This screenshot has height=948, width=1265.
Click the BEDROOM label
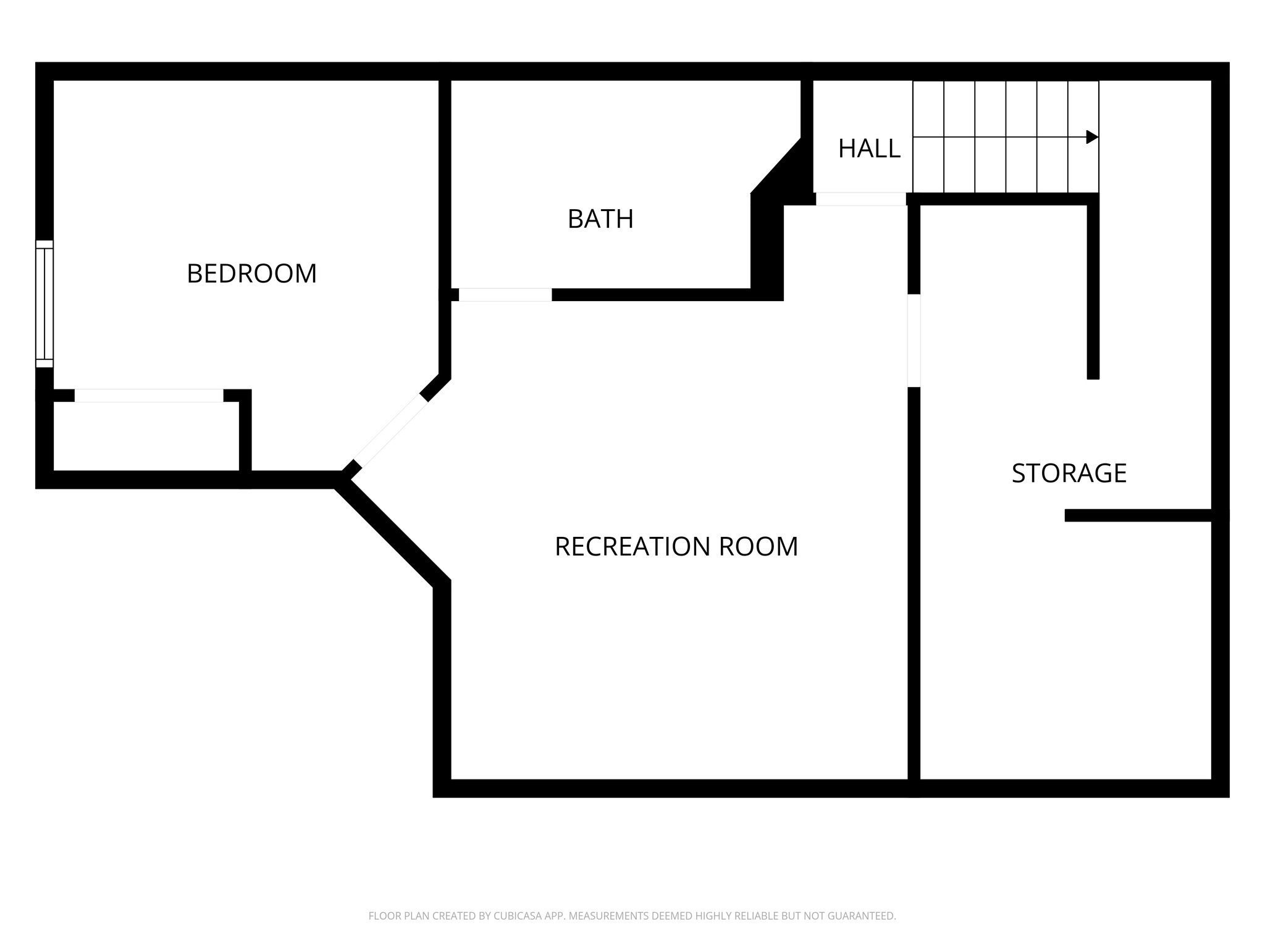point(251,273)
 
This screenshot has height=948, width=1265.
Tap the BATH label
point(600,219)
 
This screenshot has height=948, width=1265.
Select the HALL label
point(868,149)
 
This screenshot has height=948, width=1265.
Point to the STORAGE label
point(1069,473)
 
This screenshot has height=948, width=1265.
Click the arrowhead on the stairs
point(1092,137)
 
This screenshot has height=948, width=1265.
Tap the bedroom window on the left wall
point(44,304)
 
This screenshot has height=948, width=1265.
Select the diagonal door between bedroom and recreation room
point(391,431)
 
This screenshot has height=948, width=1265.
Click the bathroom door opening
point(505,295)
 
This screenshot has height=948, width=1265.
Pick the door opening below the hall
point(860,199)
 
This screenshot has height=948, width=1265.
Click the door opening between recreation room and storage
point(914,341)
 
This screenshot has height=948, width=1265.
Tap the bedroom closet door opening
point(149,396)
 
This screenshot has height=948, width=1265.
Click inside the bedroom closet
point(146,437)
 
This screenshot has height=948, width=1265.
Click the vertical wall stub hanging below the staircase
point(1093,290)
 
